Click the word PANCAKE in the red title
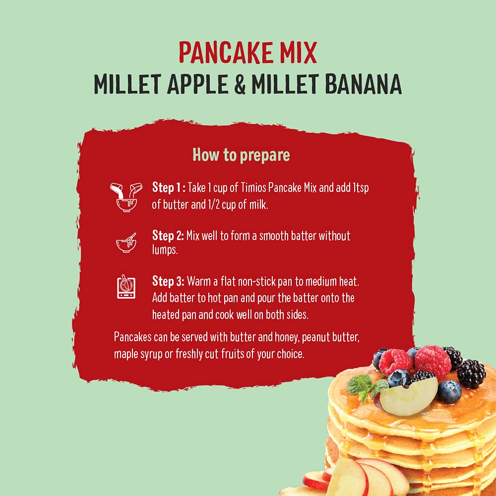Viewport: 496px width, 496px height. (x=226, y=53)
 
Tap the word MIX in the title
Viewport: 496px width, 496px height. (x=298, y=53)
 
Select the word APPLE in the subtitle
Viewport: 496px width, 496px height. (x=197, y=84)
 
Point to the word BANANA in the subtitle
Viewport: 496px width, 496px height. (x=363, y=84)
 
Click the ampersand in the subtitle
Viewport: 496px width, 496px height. (x=240, y=84)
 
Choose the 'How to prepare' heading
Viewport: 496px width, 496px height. (x=242, y=155)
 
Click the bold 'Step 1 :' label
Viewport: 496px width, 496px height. (x=169, y=187)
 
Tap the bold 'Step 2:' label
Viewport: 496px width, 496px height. (x=168, y=235)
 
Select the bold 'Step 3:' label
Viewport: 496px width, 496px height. (x=168, y=281)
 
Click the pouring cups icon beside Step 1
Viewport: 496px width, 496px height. (x=126, y=197)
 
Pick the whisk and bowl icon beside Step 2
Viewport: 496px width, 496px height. (x=126, y=243)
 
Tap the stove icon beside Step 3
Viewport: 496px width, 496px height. (x=126, y=287)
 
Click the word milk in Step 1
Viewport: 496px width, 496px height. (x=258, y=204)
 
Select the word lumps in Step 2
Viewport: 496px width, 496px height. (x=165, y=250)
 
